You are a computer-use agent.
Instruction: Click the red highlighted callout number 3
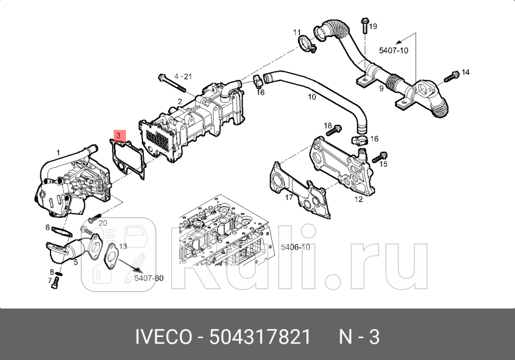[x=121, y=136]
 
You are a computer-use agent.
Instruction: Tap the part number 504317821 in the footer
[x=260, y=337]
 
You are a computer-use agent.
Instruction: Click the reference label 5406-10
[x=295, y=247]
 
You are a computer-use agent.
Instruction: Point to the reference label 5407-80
[x=148, y=278]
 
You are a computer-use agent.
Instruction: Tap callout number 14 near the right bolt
[x=465, y=72]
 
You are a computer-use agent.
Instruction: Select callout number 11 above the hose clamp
[x=297, y=33]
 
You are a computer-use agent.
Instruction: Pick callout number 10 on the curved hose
[x=312, y=97]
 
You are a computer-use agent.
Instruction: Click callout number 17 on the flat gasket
[x=289, y=198]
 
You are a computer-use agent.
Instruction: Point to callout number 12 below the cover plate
[x=358, y=199]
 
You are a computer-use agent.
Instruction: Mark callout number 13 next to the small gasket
[x=123, y=246]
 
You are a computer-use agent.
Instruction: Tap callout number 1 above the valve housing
[x=58, y=152]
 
